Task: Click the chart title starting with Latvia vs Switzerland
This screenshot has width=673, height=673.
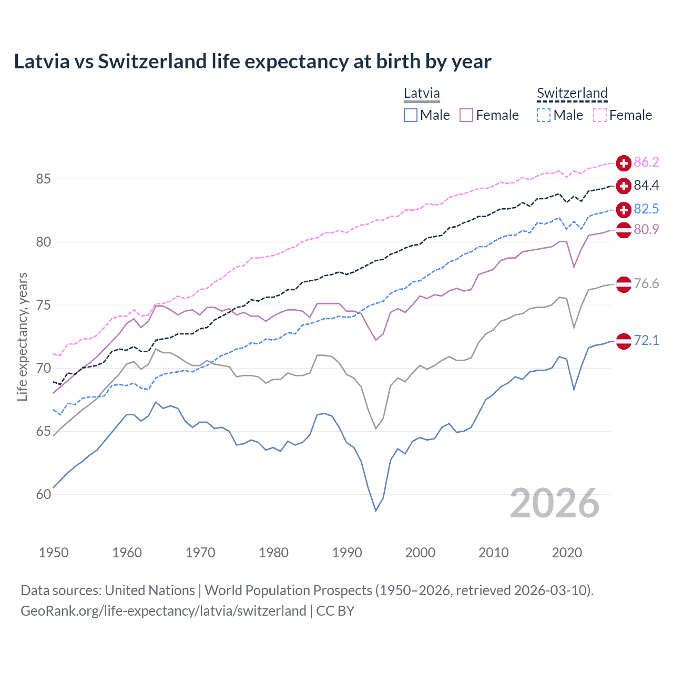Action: [252, 62]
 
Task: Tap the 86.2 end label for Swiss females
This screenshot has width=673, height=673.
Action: [646, 162]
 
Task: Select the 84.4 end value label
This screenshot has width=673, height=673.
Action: [646, 185]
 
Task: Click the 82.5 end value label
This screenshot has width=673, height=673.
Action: [646, 209]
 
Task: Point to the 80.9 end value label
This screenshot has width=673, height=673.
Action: [646, 229]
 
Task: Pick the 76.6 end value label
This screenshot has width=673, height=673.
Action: [646, 284]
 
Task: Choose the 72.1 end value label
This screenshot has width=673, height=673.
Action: [646, 340]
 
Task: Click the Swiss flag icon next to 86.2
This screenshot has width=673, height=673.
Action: [624, 163]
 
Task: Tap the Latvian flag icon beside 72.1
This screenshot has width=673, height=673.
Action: [624, 341]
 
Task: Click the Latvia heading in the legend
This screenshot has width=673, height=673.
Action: [422, 94]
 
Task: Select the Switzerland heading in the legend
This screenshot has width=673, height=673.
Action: [572, 94]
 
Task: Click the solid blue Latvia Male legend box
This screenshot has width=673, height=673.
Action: [411, 115]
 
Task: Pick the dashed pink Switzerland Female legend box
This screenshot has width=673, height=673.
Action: [600, 115]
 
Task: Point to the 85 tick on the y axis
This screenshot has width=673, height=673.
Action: [43, 179]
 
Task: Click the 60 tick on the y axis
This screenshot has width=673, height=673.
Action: [43, 495]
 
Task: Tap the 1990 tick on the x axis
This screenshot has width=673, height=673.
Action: [347, 553]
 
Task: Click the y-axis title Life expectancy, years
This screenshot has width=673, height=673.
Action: [23, 336]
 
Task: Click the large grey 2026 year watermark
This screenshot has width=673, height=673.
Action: [554, 503]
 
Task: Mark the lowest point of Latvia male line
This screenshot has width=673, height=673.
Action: [376, 511]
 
